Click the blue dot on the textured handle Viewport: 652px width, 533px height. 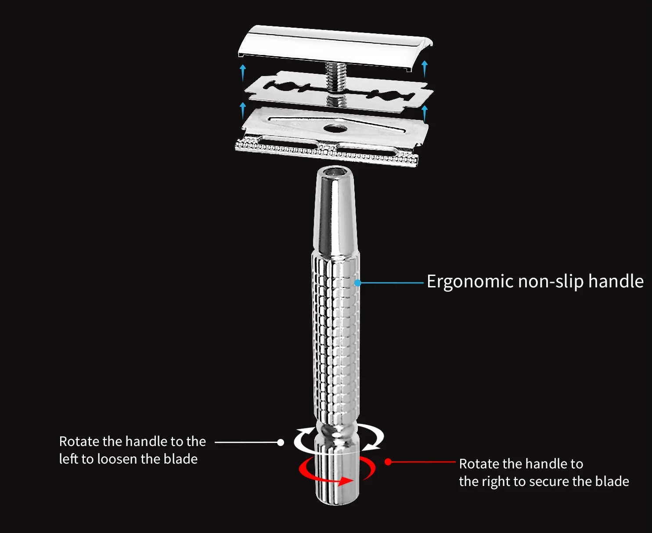tap(358, 283)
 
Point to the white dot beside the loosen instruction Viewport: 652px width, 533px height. tap(281, 442)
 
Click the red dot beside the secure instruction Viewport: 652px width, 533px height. tap(388, 462)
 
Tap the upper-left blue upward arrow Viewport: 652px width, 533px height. tap(243, 72)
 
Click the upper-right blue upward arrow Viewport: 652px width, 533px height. tap(424, 68)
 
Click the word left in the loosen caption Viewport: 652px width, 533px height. tap(68, 459)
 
